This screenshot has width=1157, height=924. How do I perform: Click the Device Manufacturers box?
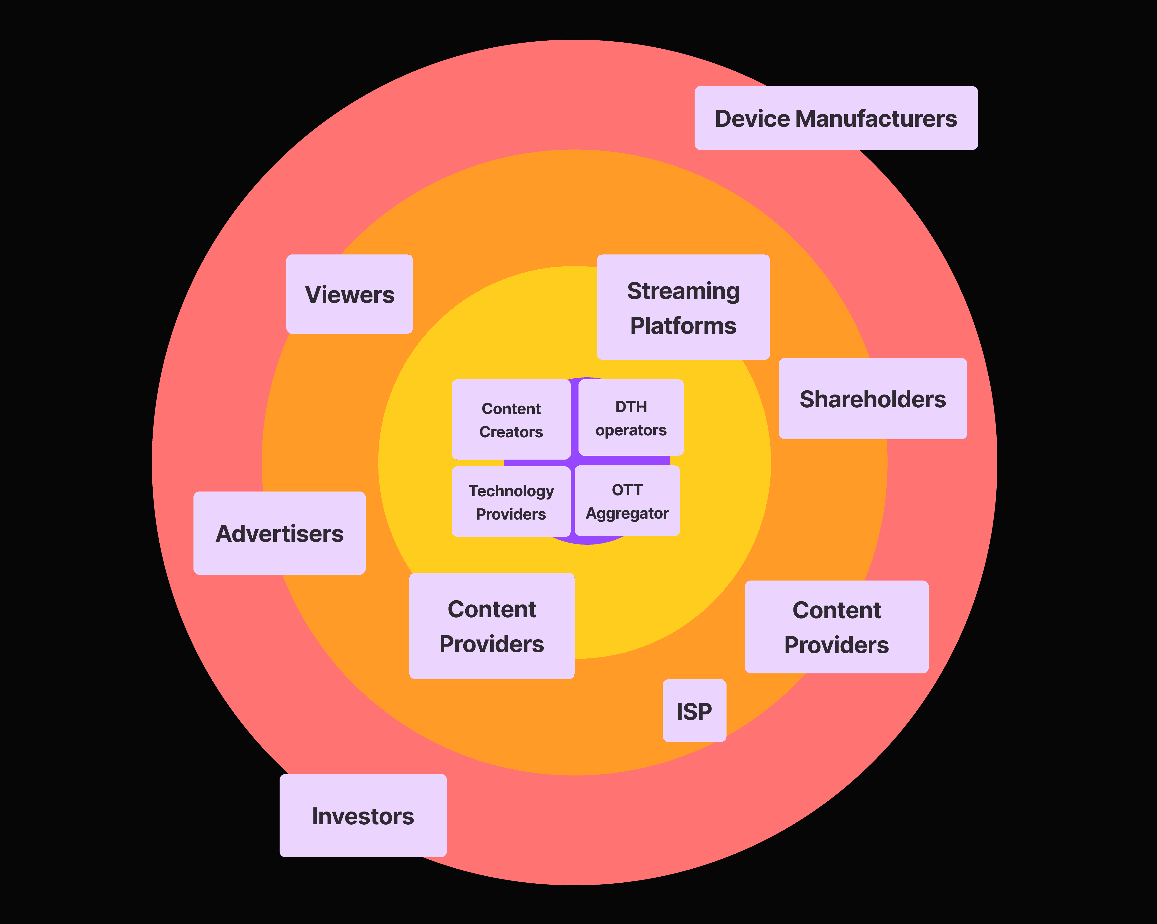pos(836,118)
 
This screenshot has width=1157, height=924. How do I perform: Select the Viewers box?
pos(349,294)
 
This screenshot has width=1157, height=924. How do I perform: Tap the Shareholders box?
pos(873,399)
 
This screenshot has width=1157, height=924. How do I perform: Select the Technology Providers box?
pos(511,502)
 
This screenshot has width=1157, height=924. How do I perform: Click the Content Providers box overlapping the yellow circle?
pos(492,626)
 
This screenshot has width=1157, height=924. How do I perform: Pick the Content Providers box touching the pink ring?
pos(836,627)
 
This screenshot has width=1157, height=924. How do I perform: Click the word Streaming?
pos(683,291)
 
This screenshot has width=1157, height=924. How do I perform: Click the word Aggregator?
pos(627,514)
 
